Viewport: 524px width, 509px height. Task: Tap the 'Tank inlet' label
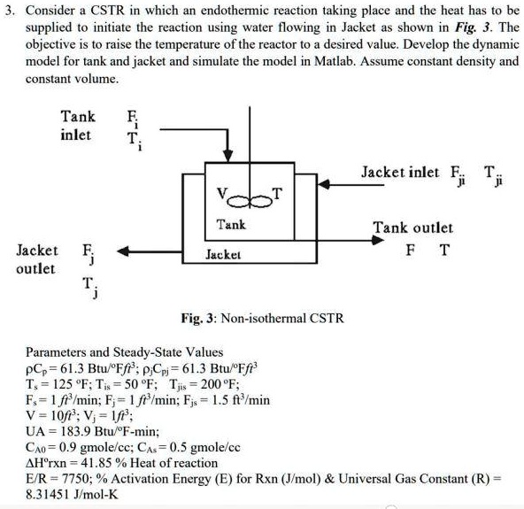coord(76,126)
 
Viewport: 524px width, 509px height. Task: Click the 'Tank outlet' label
coord(412,228)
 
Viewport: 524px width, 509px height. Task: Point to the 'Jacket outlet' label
coord(38,259)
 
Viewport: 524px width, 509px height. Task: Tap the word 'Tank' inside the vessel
coord(232,225)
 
